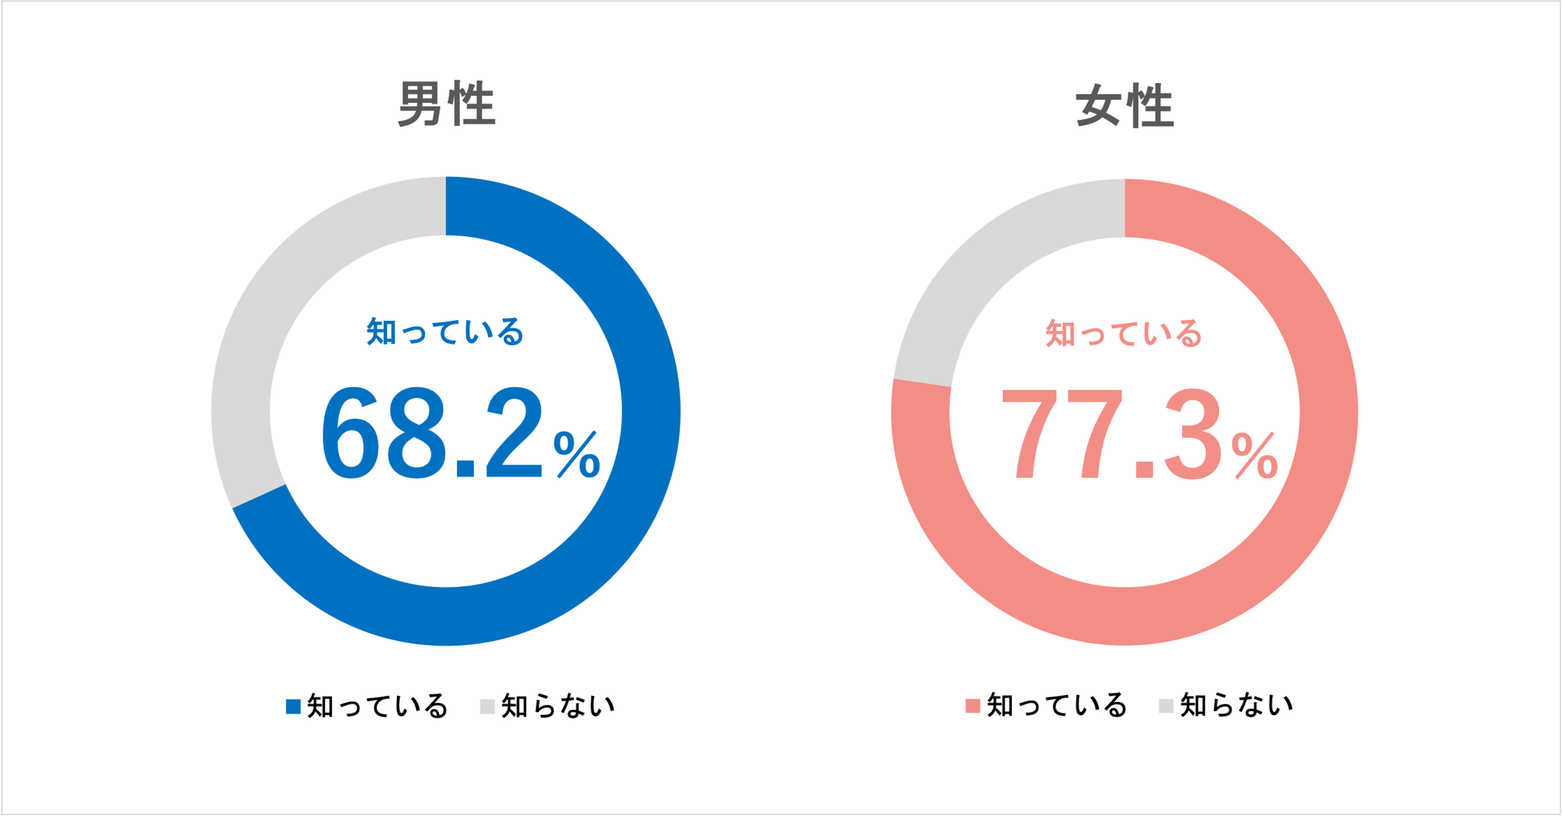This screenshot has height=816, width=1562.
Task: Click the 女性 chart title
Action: coord(1125,106)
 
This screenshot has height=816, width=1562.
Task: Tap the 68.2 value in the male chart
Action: coord(432,433)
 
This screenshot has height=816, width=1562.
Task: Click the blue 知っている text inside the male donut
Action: coord(444,332)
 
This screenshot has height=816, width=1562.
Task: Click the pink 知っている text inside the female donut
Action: coord(1124,333)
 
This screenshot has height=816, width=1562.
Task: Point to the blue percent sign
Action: coord(577,455)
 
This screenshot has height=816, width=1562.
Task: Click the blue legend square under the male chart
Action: coord(293,706)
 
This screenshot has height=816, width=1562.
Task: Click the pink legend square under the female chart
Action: coord(973,706)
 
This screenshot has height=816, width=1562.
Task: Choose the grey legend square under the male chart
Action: coord(487,706)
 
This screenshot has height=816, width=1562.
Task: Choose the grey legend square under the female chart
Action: coord(1166,706)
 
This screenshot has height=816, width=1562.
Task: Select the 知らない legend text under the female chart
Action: coord(1236,706)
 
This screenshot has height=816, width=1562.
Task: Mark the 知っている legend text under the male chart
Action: coord(377,706)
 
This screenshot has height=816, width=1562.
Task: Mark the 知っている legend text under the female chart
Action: coord(1057,706)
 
